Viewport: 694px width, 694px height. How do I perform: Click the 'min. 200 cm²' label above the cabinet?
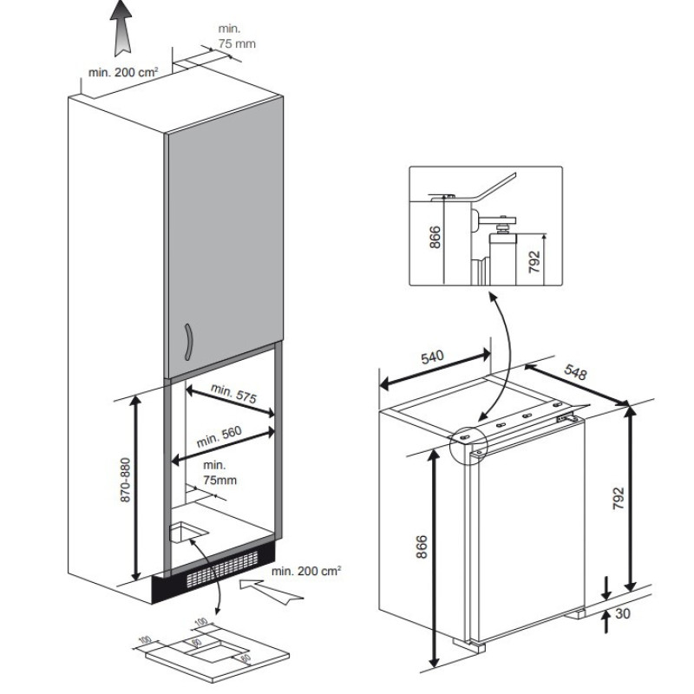point(123,72)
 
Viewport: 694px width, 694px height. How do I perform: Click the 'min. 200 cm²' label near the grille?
point(306,570)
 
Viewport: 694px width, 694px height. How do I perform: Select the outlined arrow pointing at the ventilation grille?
point(271,592)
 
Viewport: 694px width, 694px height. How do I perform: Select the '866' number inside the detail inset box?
point(435,236)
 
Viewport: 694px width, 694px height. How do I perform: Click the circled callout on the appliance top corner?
point(470,441)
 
